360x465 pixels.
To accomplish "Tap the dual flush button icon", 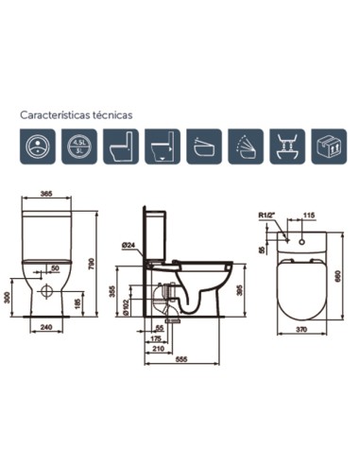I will point(36,147).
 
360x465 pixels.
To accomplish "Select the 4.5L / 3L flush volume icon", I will point(78,147).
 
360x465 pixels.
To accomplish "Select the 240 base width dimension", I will point(45,330).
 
